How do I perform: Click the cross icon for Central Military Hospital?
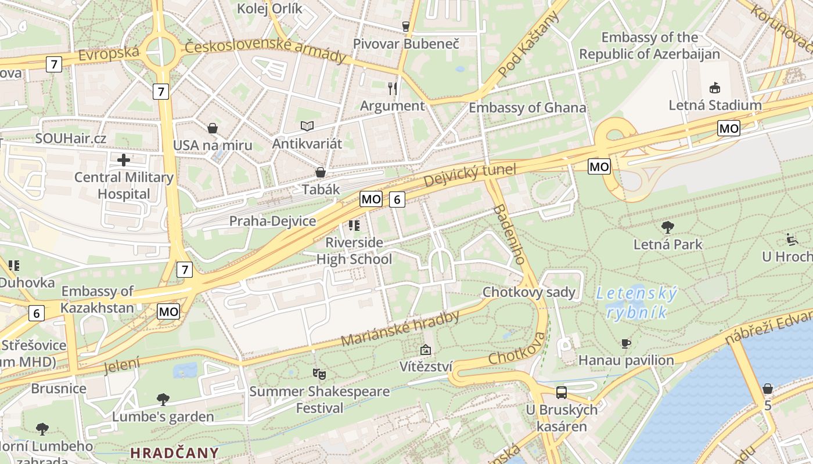[124, 159]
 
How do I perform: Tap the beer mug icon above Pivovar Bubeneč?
[406, 26]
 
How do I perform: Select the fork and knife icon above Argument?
[393, 88]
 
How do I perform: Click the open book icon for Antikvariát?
[307, 126]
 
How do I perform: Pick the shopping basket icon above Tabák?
[320, 172]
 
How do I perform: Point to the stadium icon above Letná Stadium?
[714, 88]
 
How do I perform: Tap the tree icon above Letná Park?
[668, 227]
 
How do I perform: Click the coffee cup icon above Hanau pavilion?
[625, 343]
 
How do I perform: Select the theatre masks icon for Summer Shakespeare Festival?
[319, 374]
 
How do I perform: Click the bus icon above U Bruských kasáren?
[561, 392]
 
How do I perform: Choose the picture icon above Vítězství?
[426, 350]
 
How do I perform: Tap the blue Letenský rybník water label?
[636, 303]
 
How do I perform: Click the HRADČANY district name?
[174, 452]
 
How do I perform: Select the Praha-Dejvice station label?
[272, 221]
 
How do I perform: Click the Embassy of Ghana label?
[527, 108]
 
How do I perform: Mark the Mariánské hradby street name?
[400, 329]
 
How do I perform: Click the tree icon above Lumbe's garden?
[163, 399]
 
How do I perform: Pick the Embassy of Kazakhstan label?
[98, 299]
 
